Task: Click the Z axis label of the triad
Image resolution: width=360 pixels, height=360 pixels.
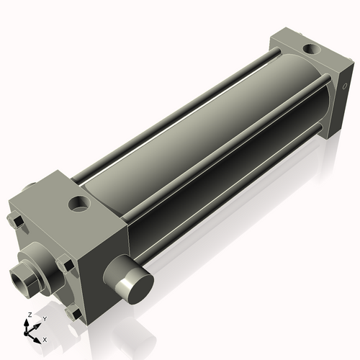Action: pos(28,315)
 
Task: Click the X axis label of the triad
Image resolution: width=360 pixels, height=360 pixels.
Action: pos(45,338)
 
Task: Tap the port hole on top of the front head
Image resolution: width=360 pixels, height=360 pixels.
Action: pos(78,204)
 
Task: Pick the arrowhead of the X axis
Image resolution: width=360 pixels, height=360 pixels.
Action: pos(39,336)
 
